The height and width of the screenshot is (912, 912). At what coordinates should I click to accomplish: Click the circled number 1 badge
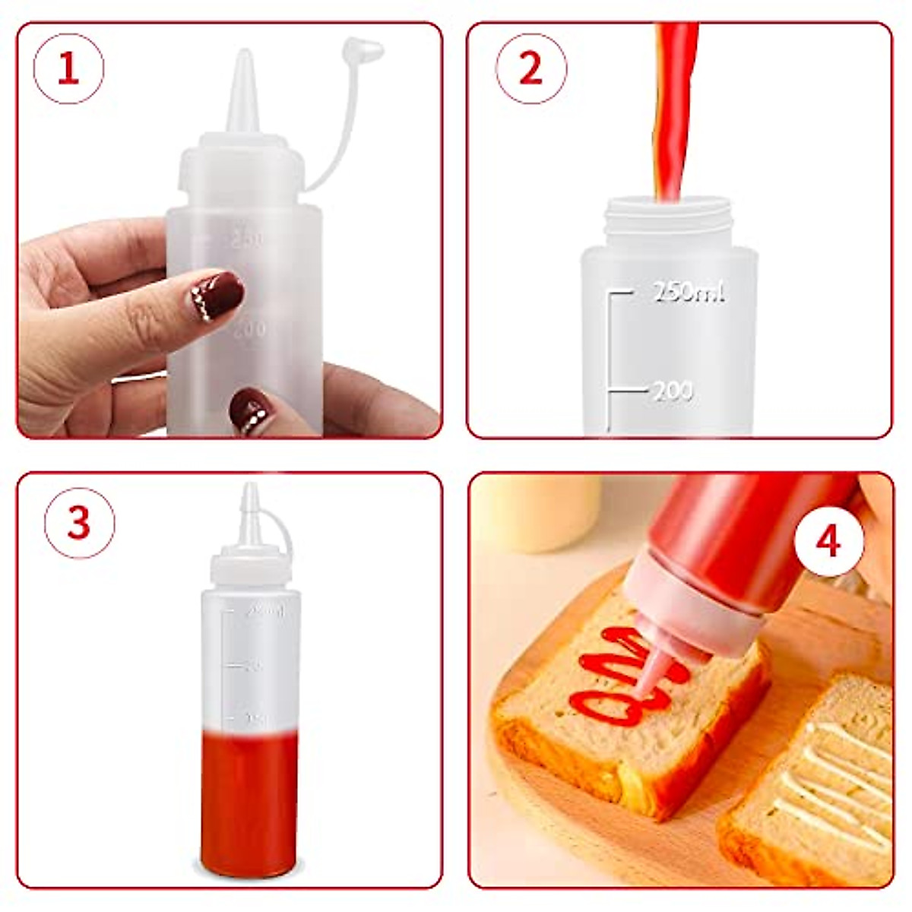click(x=68, y=68)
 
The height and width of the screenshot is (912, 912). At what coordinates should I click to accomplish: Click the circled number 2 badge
click(x=530, y=68)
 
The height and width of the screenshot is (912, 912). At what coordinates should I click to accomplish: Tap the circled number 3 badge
click(x=79, y=524)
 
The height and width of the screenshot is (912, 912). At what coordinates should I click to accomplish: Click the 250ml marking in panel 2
click(x=689, y=293)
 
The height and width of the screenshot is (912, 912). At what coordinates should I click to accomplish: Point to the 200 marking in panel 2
click(x=673, y=391)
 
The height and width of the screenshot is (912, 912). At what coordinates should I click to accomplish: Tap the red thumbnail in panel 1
click(x=252, y=410)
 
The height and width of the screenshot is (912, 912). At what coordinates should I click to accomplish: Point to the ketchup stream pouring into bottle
click(x=672, y=114)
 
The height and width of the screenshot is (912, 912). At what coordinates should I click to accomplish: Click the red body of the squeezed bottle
click(x=752, y=532)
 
